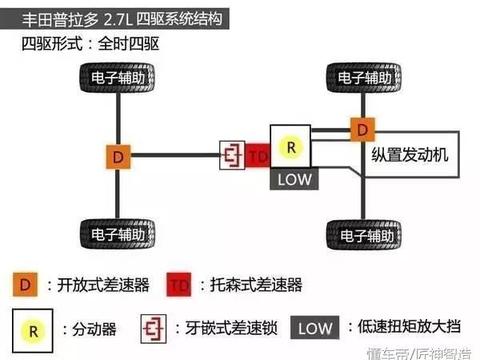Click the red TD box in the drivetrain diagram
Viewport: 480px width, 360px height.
coord(257,157)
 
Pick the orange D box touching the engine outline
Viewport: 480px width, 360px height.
coord(360,128)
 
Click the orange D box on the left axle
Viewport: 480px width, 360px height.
coord(119,157)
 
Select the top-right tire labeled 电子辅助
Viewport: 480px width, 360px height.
coord(359,77)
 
